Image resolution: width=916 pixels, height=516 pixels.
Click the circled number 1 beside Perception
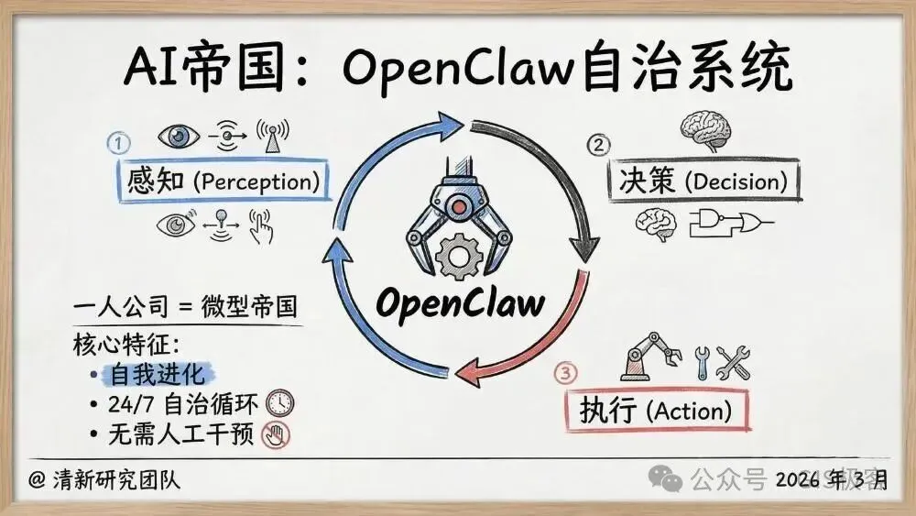[119, 143]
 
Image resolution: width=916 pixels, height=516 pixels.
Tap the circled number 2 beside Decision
[597, 145]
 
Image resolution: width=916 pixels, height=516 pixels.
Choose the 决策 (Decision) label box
[703, 181]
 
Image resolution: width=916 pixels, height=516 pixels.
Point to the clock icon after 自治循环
[279, 403]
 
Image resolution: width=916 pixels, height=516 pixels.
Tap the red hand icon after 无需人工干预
[275, 434]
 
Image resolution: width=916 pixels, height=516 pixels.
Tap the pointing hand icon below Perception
[263, 226]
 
